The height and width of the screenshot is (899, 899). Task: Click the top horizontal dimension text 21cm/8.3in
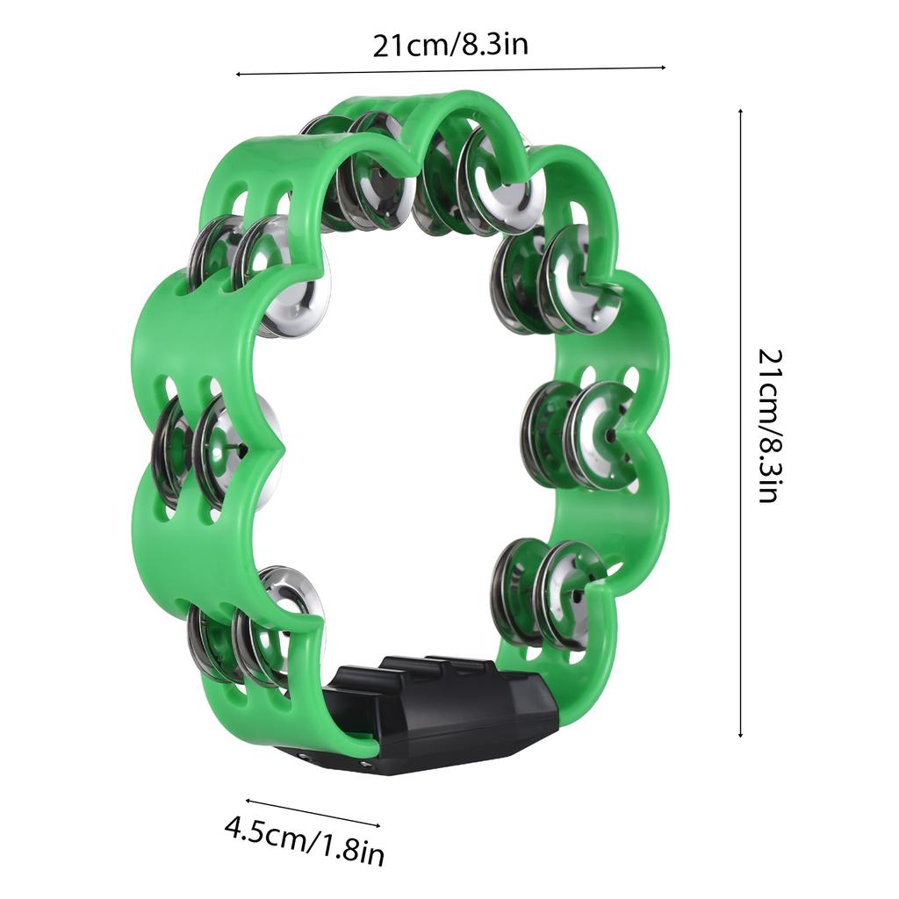coord(450,45)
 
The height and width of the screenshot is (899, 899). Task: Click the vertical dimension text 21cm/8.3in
coord(768,425)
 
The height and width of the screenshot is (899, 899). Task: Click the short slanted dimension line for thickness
coord(313,812)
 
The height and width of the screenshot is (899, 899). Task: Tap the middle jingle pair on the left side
coord(215,448)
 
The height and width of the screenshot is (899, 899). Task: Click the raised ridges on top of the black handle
coord(439,667)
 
